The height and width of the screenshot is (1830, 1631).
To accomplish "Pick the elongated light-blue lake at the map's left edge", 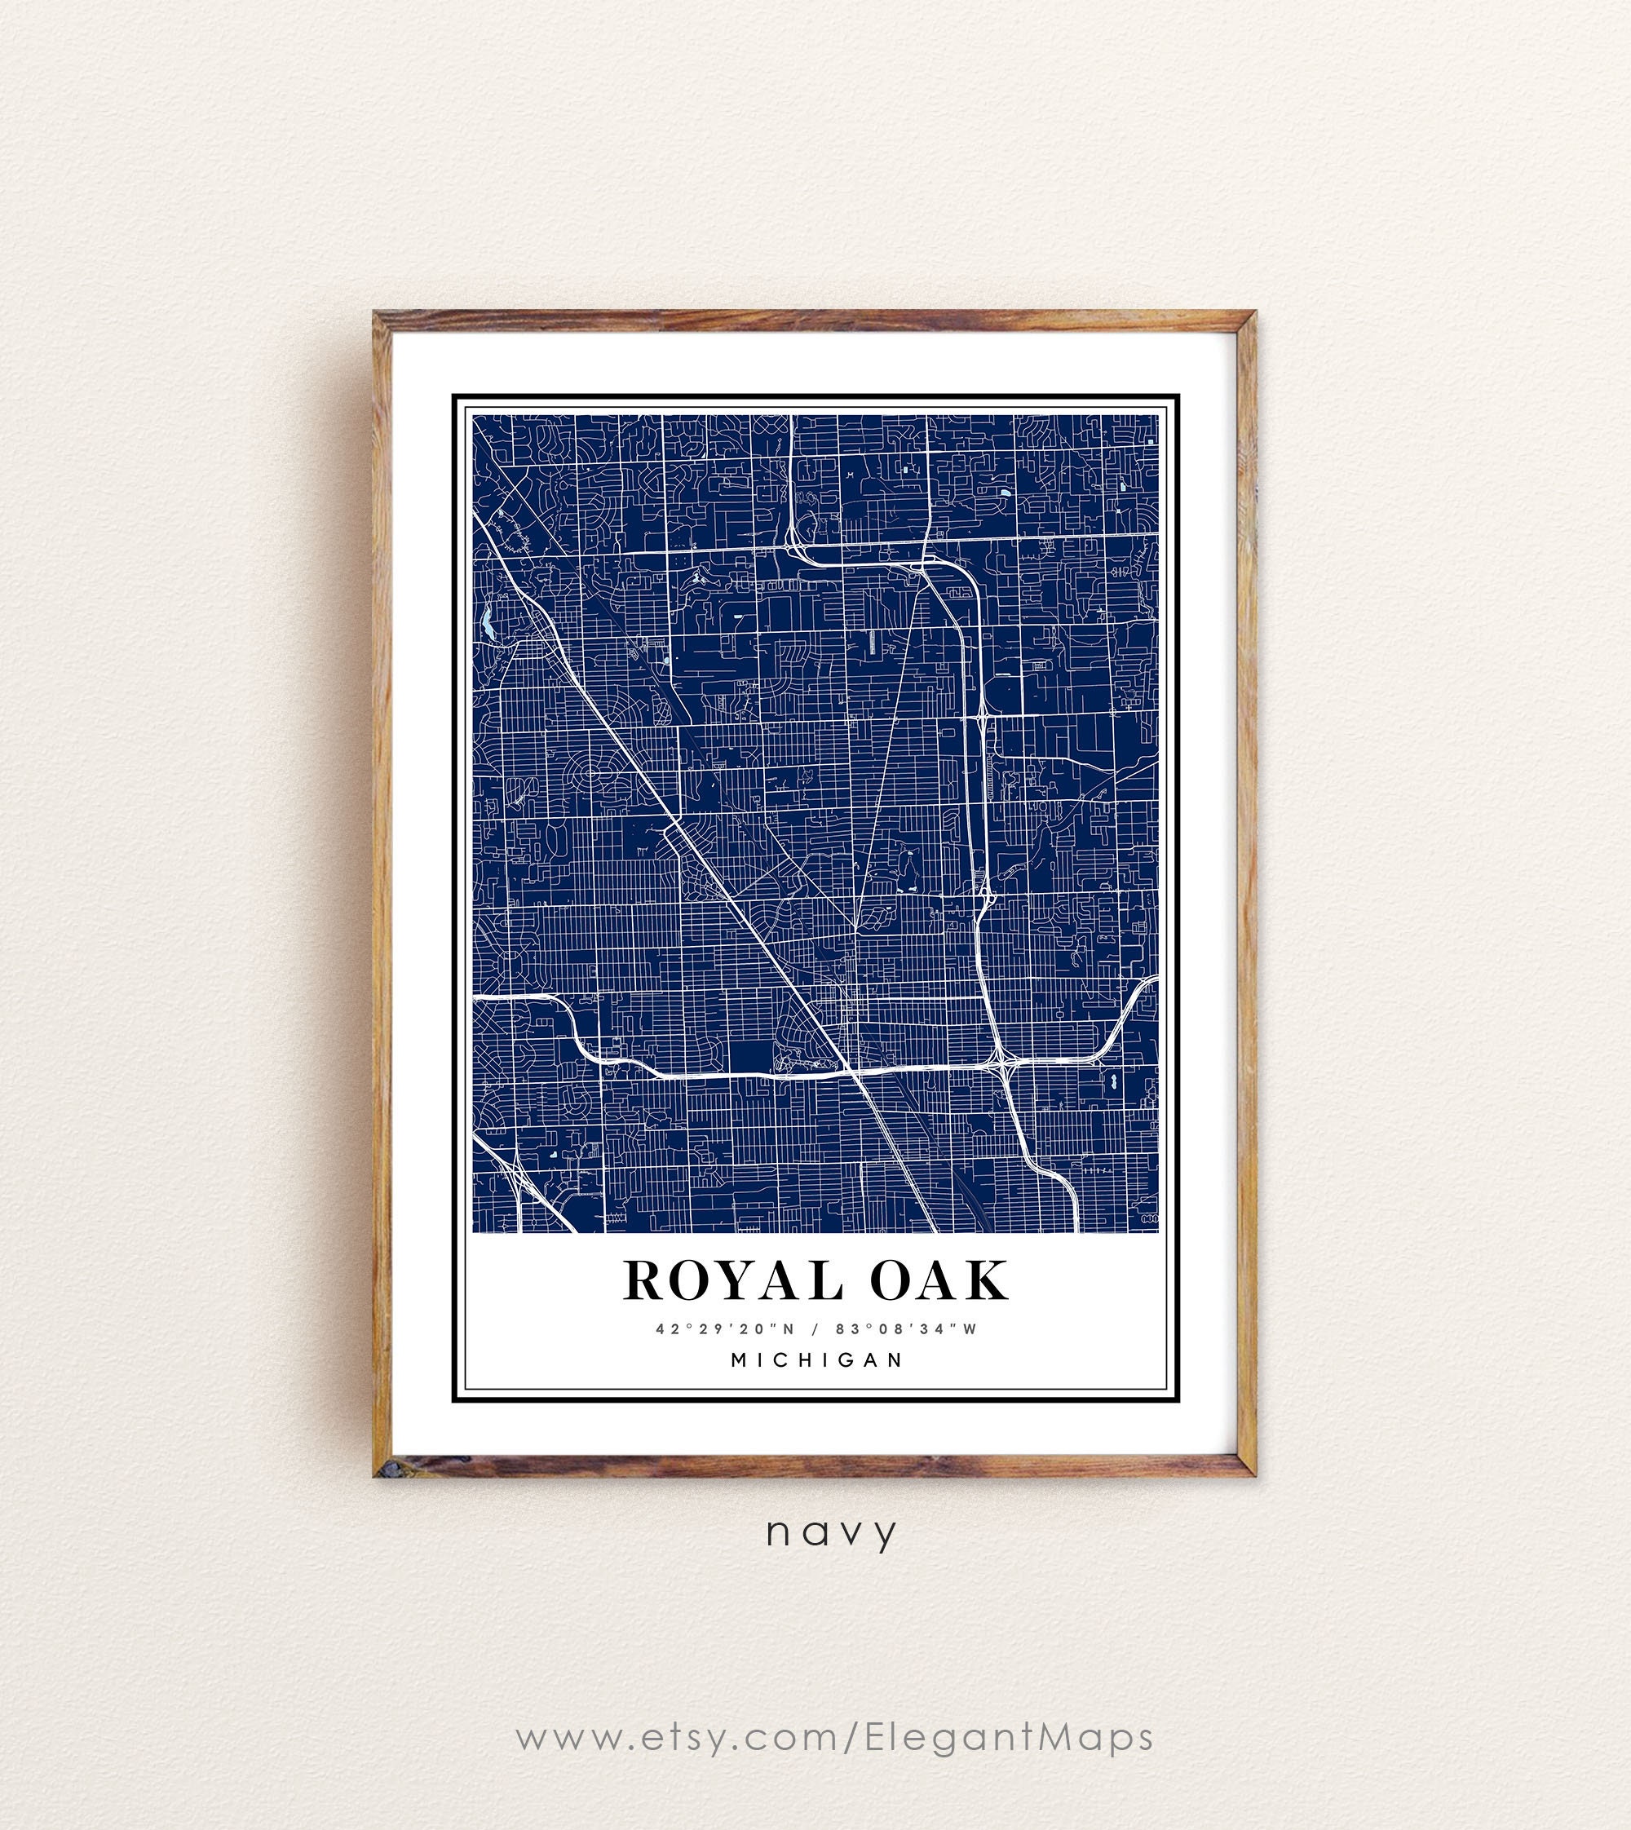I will pos(487,620).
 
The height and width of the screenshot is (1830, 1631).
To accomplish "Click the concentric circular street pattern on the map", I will pos(589,770).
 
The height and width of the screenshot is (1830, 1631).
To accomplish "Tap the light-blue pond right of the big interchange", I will pos(1113,1081).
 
